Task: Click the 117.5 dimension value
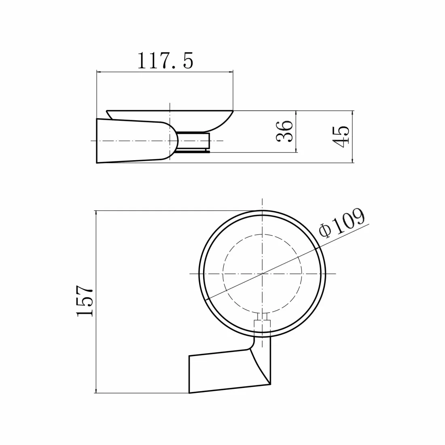pos(165,61)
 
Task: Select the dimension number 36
pos(284,131)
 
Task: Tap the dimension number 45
pos(341,136)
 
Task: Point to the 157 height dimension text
pos(85,301)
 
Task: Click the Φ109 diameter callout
pos(341,223)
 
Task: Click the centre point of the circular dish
pos(263,273)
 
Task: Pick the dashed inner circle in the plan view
pos(223,273)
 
